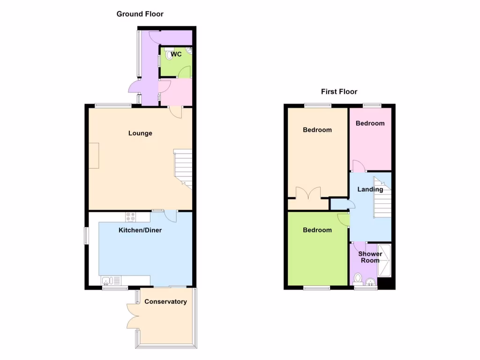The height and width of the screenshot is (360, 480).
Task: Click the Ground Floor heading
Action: point(140,14)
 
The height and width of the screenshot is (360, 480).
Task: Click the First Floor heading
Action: point(339,92)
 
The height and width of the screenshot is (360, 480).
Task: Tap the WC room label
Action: point(176,54)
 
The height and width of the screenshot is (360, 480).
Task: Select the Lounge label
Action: point(140,133)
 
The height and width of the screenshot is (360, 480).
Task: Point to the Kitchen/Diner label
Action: point(140,230)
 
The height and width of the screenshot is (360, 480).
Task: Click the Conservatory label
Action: point(165,301)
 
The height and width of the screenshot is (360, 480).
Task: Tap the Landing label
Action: point(370,189)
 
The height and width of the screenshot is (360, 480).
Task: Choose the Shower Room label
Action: point(370,257)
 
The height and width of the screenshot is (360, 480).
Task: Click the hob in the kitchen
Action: point(130,217)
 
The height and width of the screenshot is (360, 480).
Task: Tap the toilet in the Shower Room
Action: point(358,278)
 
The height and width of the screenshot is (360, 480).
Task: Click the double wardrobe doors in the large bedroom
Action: point(308,193)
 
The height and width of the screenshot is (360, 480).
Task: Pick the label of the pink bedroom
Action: point(370,123)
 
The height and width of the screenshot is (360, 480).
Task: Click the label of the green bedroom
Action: point(317,230)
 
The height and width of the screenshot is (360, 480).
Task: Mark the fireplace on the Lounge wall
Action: point(94,155)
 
